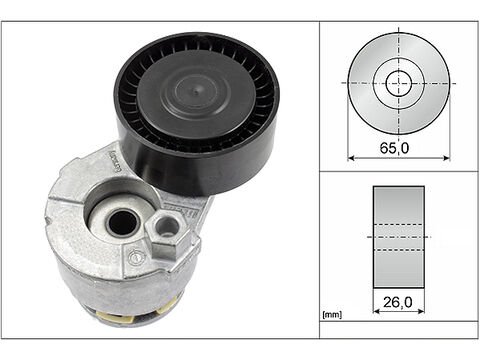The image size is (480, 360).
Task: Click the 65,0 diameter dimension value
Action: (394, 148)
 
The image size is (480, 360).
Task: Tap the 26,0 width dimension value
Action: (398, 302)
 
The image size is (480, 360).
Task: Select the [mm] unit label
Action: (332, 314)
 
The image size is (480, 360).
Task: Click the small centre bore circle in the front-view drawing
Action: (399, 83)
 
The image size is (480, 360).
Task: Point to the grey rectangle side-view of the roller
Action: (399, 237)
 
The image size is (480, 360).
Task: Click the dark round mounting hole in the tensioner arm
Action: (123, 222)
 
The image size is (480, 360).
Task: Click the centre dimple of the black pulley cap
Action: (196, 90)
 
